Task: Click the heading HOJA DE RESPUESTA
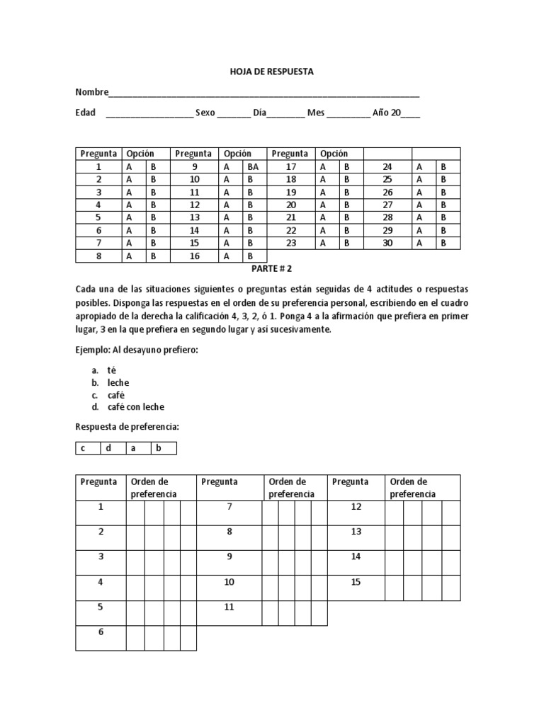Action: (271, 72)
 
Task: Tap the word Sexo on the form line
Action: (205, 113)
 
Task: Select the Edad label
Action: (85, 113)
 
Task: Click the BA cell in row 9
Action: (254, 166)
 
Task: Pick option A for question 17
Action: (323, 166)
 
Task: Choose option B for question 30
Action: (443, 243)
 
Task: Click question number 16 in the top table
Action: (195, 256)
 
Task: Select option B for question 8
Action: (153, 256)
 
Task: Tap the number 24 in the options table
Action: (387, 166)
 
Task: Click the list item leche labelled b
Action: (119, 382)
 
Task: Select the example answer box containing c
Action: (84, 447)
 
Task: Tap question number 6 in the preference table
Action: (101, 632)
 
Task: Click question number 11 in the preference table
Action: (229, 607)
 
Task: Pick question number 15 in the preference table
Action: (356, 581)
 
